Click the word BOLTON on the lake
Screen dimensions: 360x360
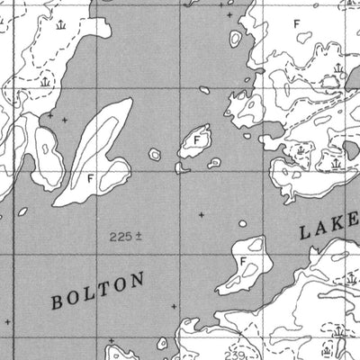pos(97,292)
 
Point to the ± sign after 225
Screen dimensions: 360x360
pos(139,237)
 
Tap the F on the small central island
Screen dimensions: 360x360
pos(195,139)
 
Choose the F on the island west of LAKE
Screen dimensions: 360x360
pos(243,260)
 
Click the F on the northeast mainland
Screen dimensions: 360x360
pos(300,17)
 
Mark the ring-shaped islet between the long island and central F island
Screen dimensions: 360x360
pos(155,155)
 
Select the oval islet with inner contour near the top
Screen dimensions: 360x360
pos(235,39)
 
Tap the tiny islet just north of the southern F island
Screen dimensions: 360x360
pos(241,224)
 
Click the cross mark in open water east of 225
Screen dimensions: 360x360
pos(200,214)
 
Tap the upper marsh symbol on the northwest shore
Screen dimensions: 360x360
pos(59,26)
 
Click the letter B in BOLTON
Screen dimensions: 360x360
pos(58,304)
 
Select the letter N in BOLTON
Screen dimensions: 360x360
pos(137,281)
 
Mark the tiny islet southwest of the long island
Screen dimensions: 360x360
pos(22,212)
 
